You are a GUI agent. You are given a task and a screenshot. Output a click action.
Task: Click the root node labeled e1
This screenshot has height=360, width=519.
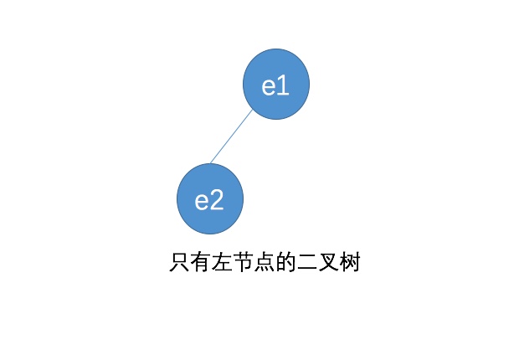276,85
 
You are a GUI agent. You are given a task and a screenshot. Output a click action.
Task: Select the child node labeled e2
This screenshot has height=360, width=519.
210,199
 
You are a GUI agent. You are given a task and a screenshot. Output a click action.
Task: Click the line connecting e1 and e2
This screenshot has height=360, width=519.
231,136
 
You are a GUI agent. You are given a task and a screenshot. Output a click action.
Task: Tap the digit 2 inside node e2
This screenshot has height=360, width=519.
217,200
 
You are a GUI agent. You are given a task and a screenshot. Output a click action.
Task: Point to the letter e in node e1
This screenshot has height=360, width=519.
270,86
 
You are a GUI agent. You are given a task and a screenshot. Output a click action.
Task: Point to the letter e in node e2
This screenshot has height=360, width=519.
203,201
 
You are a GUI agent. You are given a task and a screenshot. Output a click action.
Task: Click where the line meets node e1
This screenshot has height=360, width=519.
252,110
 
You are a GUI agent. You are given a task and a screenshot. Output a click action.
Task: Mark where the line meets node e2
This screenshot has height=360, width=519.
210,164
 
